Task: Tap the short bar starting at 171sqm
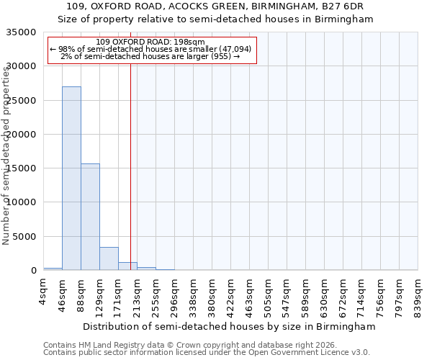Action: click(x=127, y=266)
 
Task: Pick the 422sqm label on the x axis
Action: click(x=231, y=295)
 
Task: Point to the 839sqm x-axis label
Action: click(x=418, y=295)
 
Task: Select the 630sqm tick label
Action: click(x=325, y=295)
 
